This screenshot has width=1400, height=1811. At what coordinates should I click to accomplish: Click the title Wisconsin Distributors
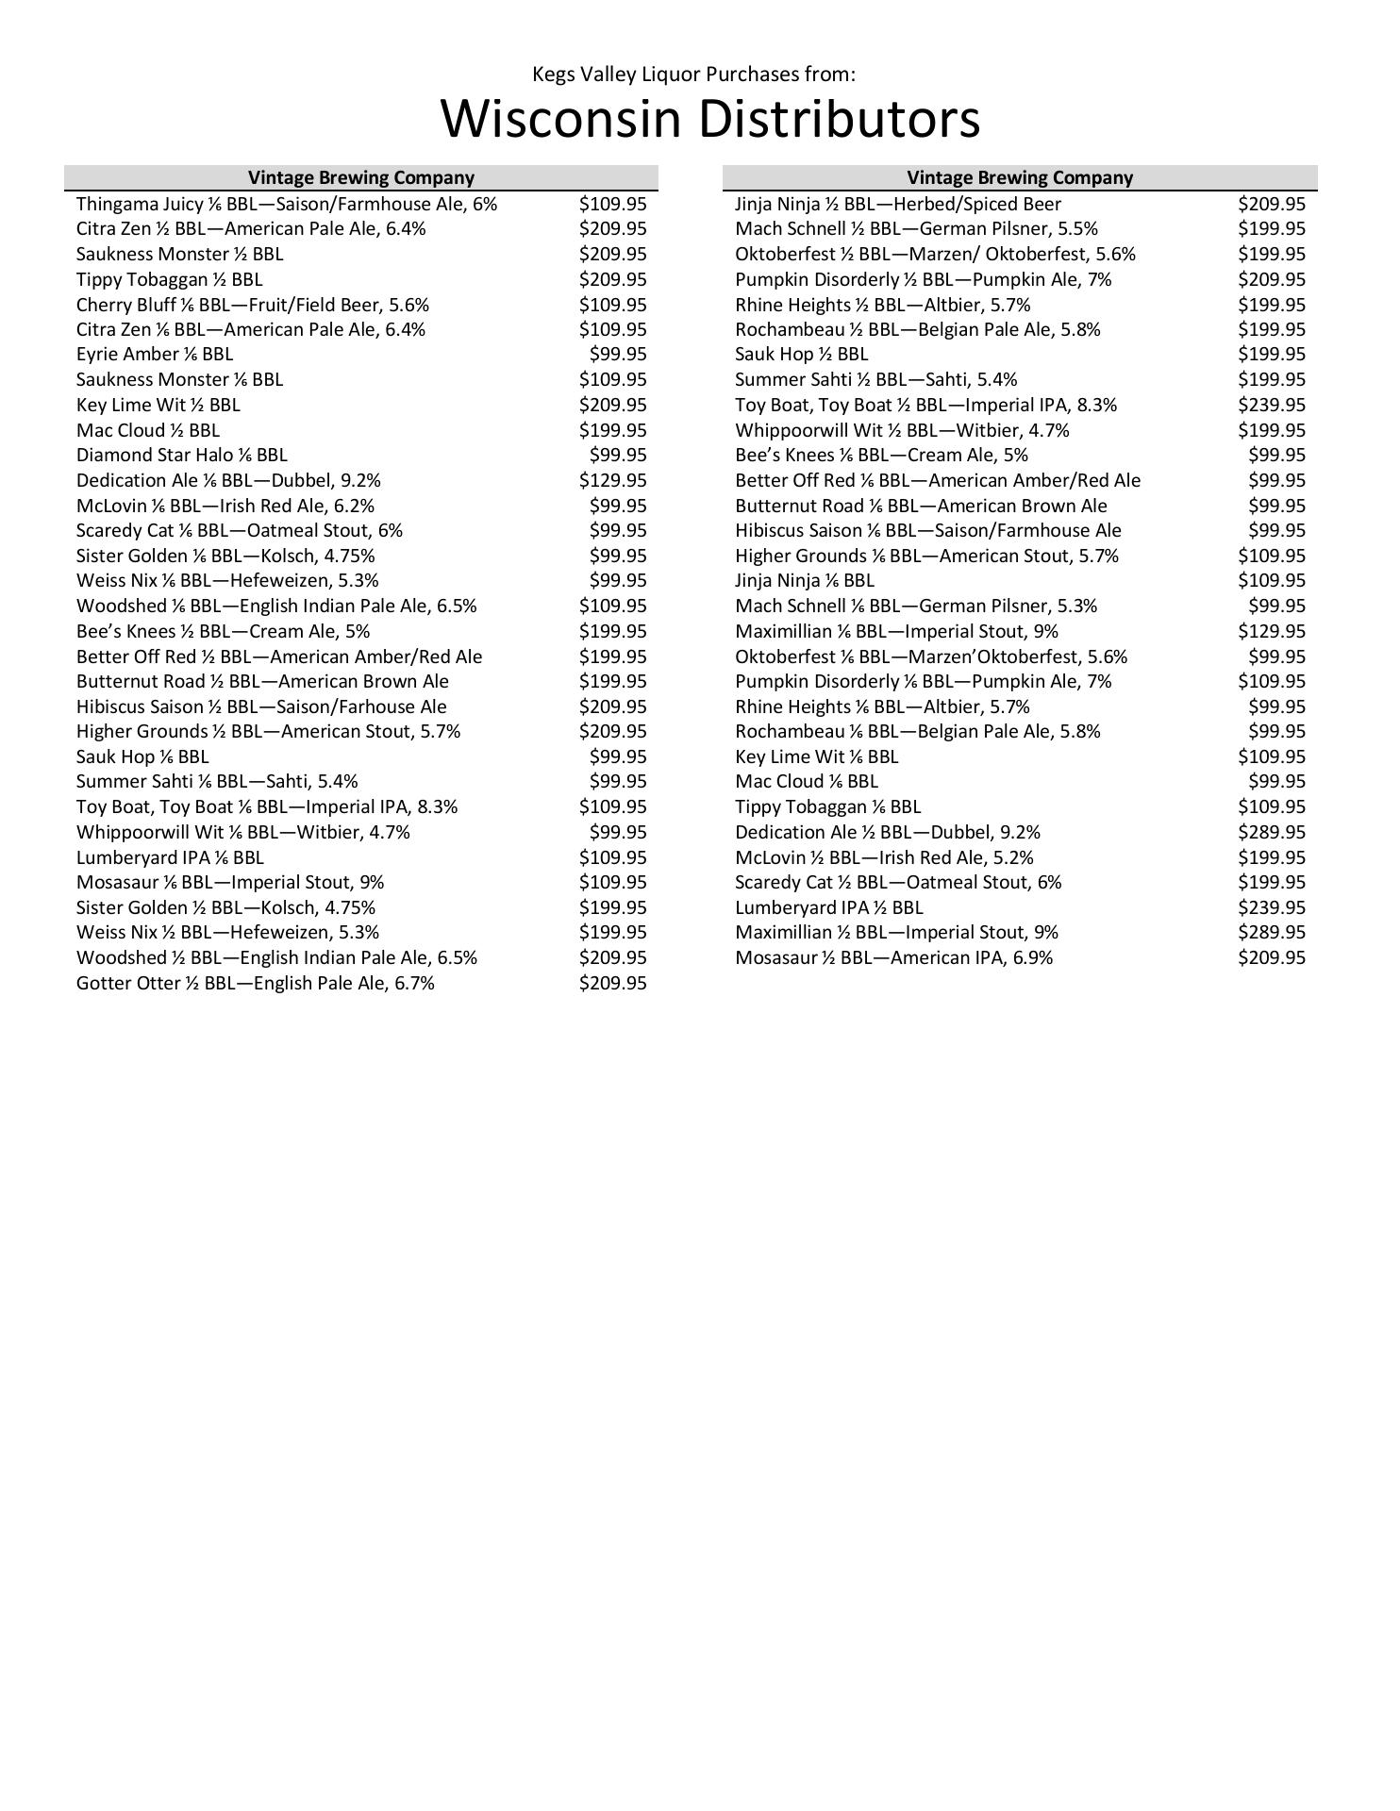pos(709,120)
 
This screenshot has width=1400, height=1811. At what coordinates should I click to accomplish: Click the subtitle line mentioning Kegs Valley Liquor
pos(693,75)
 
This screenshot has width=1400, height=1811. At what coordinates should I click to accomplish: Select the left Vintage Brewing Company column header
pos(360,177)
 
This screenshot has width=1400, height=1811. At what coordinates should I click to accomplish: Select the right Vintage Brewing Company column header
pos(1019,177)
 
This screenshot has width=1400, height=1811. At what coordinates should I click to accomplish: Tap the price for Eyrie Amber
pos(617,354)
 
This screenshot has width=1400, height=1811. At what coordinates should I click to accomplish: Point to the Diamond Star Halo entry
pos(181,455)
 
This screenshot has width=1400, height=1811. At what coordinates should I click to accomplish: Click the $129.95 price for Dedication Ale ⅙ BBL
pos(612,480)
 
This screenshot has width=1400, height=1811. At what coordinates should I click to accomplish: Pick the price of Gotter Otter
pos(612,983)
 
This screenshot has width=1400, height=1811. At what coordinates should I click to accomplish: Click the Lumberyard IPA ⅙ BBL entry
pos(170,857)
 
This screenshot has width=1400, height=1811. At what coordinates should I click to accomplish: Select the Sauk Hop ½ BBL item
pos(801,354)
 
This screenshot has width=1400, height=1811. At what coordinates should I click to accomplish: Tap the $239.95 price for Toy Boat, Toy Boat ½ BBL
pos(1271,405)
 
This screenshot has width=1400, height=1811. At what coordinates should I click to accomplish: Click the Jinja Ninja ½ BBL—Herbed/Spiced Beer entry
pos(897,204)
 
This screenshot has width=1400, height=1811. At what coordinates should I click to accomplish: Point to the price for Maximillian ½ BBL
pos(1271,932)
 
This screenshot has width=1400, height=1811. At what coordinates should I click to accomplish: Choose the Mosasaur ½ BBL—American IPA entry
pos(893,957)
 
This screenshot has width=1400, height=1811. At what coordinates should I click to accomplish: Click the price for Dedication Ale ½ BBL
pos(1271,832)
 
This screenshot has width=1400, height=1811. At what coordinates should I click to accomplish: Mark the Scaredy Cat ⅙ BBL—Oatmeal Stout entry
pos(239,530)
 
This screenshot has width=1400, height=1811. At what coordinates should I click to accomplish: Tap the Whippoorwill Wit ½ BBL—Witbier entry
pos(902,430)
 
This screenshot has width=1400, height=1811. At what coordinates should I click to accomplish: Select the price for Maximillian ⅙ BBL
pos(1271,631)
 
